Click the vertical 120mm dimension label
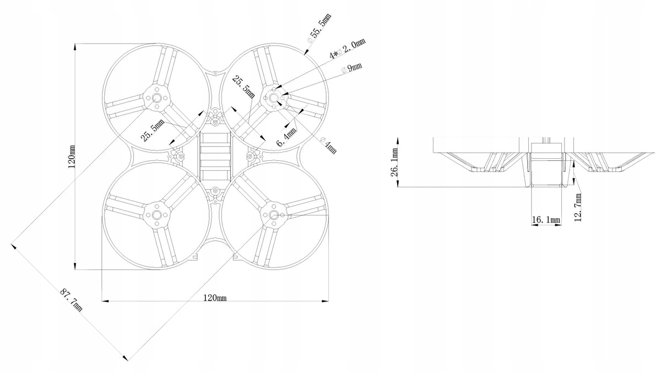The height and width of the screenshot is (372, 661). pos(71,157)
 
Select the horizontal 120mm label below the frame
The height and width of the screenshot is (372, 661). pos(215,298)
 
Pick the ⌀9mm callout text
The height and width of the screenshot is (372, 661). pos(352,68)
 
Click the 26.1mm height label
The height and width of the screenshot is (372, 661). pos(395,163)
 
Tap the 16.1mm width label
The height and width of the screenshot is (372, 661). pos(546,220)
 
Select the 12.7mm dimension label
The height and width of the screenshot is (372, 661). pos(578,207)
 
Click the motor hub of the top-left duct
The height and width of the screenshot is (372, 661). pos(156,98)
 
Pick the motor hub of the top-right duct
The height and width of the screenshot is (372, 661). pos(273,98)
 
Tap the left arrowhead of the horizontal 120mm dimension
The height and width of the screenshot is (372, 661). pos(105,301)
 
